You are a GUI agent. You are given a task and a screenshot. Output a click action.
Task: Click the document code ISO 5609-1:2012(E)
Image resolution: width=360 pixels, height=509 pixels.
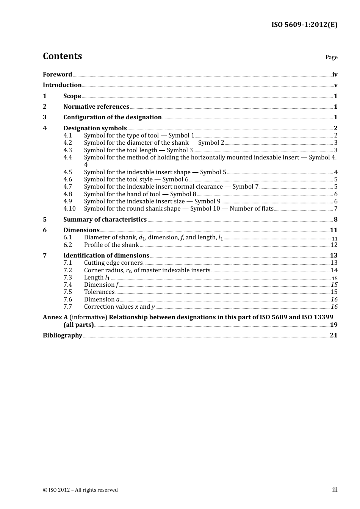point(304,25)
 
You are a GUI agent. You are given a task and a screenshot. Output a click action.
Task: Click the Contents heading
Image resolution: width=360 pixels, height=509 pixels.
point(62,56)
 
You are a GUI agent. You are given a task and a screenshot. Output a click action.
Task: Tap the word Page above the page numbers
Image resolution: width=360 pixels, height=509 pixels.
point(331,57)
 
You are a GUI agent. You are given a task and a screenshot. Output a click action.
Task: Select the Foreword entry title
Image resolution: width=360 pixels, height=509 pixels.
point(57,75)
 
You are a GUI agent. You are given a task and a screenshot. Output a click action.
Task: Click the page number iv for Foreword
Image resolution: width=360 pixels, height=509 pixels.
point(335,75)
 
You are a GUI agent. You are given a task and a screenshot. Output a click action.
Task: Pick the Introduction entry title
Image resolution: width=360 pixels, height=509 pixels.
point(62,85)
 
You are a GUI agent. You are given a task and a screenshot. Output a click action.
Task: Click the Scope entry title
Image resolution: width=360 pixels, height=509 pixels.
point(72,96)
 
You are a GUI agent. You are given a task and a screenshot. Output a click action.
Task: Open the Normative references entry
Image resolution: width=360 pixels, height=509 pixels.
point(96,107)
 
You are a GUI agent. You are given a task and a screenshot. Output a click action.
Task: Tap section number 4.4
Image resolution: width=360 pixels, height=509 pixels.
point(67,158)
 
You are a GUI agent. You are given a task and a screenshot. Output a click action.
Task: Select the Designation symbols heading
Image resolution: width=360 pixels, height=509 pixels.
point(95,128)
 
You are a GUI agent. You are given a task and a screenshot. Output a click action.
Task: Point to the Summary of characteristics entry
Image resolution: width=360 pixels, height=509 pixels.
point(105,220)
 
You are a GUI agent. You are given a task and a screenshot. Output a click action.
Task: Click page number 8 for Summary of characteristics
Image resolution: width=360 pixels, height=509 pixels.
point(335,220)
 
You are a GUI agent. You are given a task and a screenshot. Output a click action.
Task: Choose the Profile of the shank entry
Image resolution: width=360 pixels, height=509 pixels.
point(111,245)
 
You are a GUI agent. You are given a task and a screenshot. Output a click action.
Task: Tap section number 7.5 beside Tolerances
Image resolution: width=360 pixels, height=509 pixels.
point(67,292)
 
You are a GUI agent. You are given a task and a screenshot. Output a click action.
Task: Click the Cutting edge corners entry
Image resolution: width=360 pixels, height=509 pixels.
point(113,263)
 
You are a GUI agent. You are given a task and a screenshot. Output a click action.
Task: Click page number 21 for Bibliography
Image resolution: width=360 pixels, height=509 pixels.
point(333,336)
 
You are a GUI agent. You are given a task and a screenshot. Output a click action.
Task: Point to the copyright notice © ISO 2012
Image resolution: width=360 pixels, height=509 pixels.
point(80,490)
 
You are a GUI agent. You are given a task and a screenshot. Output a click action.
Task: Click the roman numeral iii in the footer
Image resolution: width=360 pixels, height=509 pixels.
point(335,490)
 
